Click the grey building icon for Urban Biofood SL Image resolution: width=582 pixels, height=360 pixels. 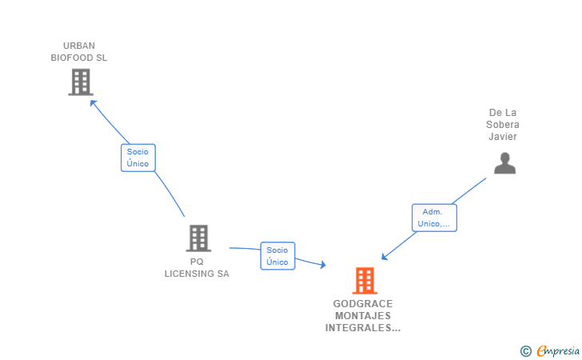click(x=80, y=82)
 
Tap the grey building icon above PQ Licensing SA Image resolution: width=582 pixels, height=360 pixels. click(x=198, y=238)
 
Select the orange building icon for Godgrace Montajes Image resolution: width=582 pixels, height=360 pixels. click(x=365, y=281)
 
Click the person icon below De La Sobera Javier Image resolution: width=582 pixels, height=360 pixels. click(x=504, y=163)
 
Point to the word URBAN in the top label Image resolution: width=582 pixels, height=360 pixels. click(x=79, y=46)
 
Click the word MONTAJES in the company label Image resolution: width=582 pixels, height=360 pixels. click(x=363, y=316)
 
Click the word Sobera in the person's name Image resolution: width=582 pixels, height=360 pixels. click(x=504, y=125)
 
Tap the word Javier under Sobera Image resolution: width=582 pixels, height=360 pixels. click(x=504, y=137)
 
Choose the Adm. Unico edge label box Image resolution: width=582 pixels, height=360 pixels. click(x=434, y=218)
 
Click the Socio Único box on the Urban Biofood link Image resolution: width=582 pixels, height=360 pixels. click(x=138, y=158)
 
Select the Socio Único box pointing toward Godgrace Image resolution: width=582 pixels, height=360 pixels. click(x=277, y=256)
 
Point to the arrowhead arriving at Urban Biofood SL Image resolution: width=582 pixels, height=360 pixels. click(x=93, y=102)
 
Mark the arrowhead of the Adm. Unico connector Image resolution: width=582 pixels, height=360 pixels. click(x=385, y=257)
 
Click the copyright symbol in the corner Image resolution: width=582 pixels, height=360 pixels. click(x=525, y=350)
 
